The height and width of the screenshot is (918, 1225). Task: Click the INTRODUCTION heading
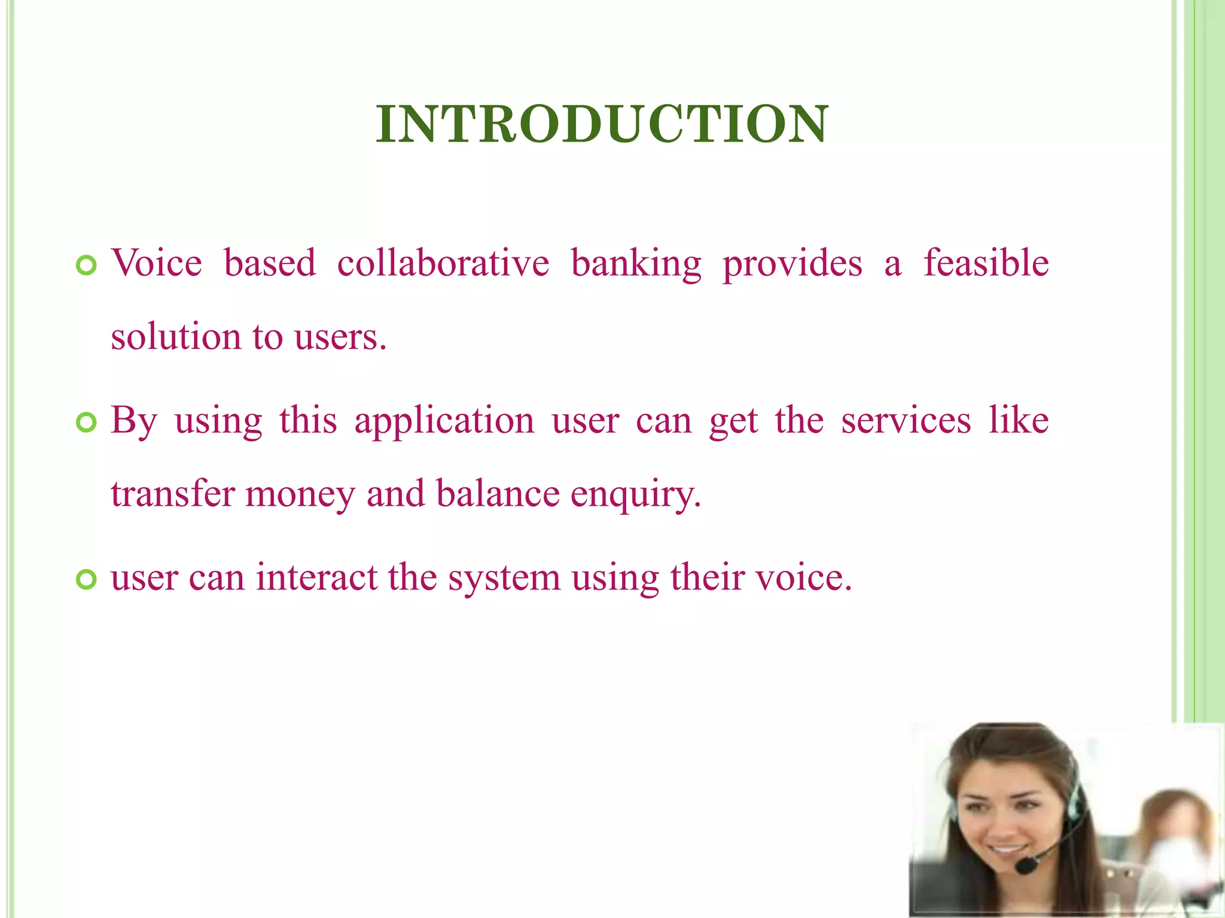(602, 124)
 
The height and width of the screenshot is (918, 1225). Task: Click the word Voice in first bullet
(157, 264)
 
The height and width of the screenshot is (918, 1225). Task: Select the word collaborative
(443, 264)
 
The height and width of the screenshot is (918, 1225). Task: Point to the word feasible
(986, 264)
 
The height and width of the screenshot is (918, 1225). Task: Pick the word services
(906, 421)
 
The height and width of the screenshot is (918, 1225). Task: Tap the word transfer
(173, 494)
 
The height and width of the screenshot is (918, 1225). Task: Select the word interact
(316, 578)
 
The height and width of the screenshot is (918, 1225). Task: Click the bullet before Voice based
(87, 265)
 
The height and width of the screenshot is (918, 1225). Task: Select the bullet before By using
(87, 423)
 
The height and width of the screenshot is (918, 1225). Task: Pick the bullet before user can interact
(87, 579)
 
